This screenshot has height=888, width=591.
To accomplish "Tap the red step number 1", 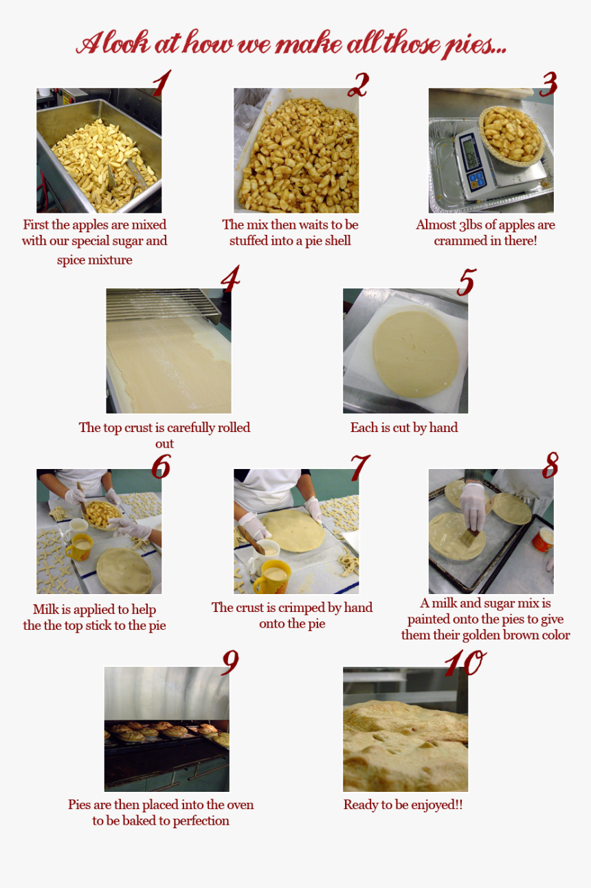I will tap(160, 84).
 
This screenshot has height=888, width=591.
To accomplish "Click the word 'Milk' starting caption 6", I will tap(47, 610).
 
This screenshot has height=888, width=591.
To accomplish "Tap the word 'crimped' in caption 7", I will tap(320, 608).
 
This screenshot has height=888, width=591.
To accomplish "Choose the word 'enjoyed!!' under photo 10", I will tap(437, 805).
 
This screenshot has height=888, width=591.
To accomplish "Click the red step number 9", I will tap(230, 662).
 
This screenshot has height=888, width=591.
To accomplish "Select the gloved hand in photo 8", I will tap(473, 505).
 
